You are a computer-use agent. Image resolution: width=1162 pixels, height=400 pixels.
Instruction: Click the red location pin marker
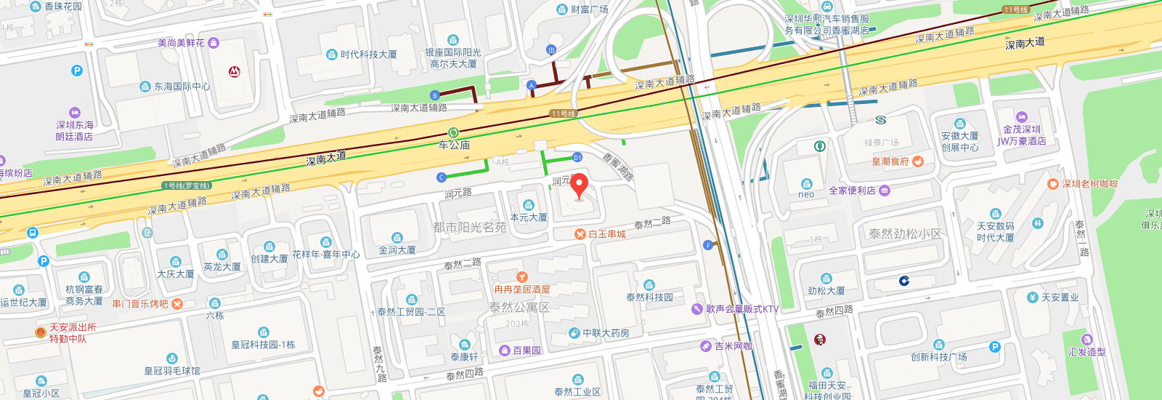579,185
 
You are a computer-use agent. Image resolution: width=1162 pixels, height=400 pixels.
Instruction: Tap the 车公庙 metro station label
454,144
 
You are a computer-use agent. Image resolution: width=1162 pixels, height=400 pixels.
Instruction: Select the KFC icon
820,340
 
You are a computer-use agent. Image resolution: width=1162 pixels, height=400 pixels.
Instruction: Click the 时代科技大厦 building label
368,55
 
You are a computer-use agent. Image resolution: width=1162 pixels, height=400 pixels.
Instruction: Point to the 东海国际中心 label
182,87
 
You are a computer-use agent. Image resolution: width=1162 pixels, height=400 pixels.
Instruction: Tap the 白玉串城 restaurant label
606,234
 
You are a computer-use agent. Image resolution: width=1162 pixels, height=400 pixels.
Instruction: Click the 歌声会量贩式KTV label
742,309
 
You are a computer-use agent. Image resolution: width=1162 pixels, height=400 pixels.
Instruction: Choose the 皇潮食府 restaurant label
890,161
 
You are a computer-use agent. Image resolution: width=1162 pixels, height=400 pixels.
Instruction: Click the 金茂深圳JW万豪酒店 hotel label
1022,135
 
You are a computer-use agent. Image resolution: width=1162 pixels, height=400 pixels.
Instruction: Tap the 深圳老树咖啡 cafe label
1090,184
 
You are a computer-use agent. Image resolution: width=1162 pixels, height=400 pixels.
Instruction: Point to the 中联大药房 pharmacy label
606,333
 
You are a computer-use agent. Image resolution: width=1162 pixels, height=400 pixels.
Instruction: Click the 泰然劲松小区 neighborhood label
905,234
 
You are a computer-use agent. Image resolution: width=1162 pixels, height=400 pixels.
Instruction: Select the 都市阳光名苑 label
470,228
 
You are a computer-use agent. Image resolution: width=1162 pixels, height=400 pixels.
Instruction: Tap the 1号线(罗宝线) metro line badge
187,186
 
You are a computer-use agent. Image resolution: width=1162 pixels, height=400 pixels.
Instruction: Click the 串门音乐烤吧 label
140,304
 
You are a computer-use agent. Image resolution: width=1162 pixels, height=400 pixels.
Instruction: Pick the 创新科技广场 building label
939,356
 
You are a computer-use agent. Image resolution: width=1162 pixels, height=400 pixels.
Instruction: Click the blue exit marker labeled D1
577,157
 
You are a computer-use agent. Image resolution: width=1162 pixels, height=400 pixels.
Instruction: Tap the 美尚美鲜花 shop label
182,43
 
